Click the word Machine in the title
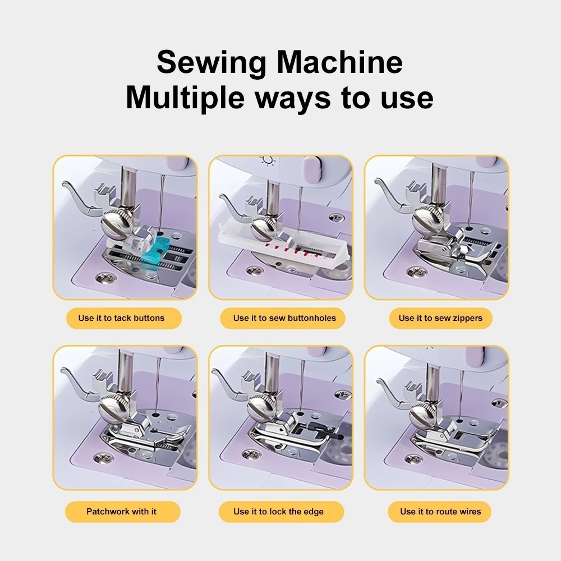pos(339,62)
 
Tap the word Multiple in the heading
pos(185,98)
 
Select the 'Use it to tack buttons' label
pos(124,318)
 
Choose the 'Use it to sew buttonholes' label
pos(283,318)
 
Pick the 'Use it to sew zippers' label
pos(440,318)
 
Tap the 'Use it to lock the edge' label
pos(281,512)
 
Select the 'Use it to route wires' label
pos(439,512)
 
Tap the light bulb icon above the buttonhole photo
pos(268,160)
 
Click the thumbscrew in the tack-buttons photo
pos(117,224)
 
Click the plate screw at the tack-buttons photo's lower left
pos(103,277)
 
